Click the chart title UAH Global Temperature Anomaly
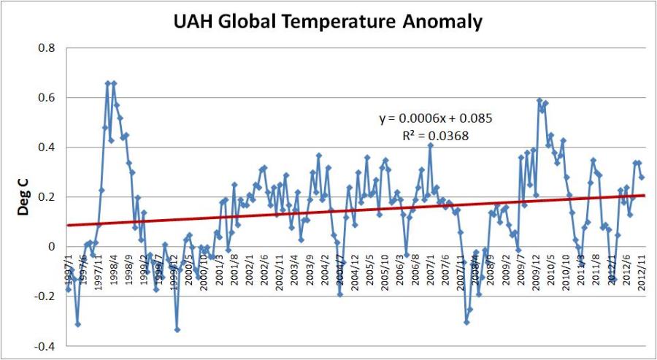click(x=328, y=22)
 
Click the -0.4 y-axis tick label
click(x=44, y=346)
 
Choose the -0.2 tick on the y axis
click(x=44, y=296)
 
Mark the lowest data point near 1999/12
click(x=177, y=329)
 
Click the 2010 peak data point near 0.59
click(x=539, y=101)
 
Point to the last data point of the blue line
click(x=642, y=177)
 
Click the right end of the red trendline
click(x=645, y=195)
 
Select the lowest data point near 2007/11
click(x=466, y=322)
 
